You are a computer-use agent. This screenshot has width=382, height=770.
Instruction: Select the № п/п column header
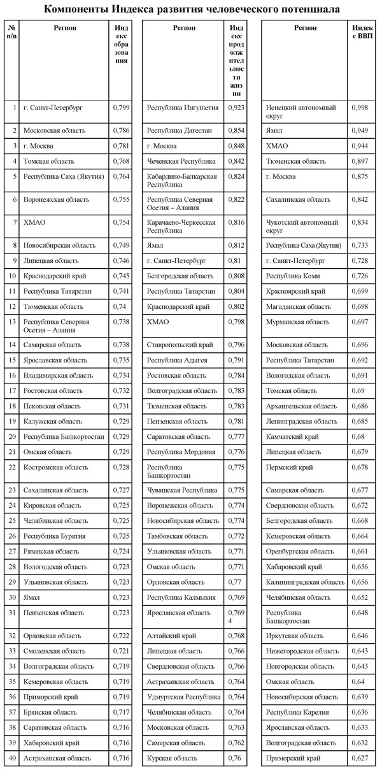coord(11,32)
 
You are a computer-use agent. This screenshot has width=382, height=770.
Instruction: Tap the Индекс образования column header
coord(122,45)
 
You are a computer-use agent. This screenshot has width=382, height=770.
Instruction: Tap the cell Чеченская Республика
coord(181,161)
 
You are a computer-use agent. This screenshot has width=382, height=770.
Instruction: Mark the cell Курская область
coord(173,758)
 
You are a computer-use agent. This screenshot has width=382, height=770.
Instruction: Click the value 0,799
coord(121,108)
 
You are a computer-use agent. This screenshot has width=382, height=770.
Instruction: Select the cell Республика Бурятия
coord(54,536)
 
